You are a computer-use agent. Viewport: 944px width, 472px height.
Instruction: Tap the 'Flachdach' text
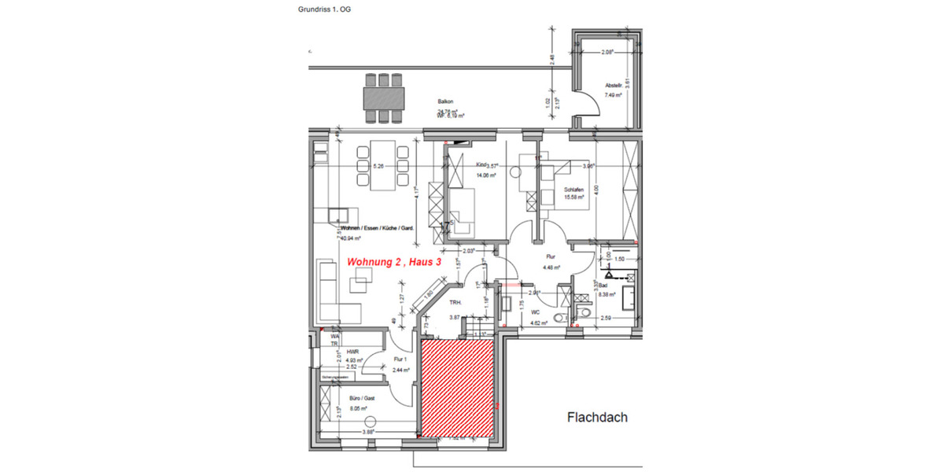[x=597, y=418]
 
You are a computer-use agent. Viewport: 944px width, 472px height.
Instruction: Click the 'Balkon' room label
[x=447, y=101]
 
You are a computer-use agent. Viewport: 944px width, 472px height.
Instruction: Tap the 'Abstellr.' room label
[x=614, y=86]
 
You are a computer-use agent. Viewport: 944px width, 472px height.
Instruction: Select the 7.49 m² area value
[x=613, y=95]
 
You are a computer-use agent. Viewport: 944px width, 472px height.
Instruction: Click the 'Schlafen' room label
[x=573, y=190]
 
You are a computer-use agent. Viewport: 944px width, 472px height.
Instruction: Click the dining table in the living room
[x=383, y=166]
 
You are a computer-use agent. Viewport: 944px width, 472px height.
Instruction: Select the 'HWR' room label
[x=352, y=352]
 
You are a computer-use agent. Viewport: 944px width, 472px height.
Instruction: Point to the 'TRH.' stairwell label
[x=454, y=303]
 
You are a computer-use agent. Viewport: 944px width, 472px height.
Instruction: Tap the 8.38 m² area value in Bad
[x=607, y=294]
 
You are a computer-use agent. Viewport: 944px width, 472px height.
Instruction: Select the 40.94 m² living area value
[x=350, y=238]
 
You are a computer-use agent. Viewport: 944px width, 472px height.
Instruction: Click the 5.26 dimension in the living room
[x=378, y=167]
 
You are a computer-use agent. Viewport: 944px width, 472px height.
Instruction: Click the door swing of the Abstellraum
[x=584, y=103]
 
